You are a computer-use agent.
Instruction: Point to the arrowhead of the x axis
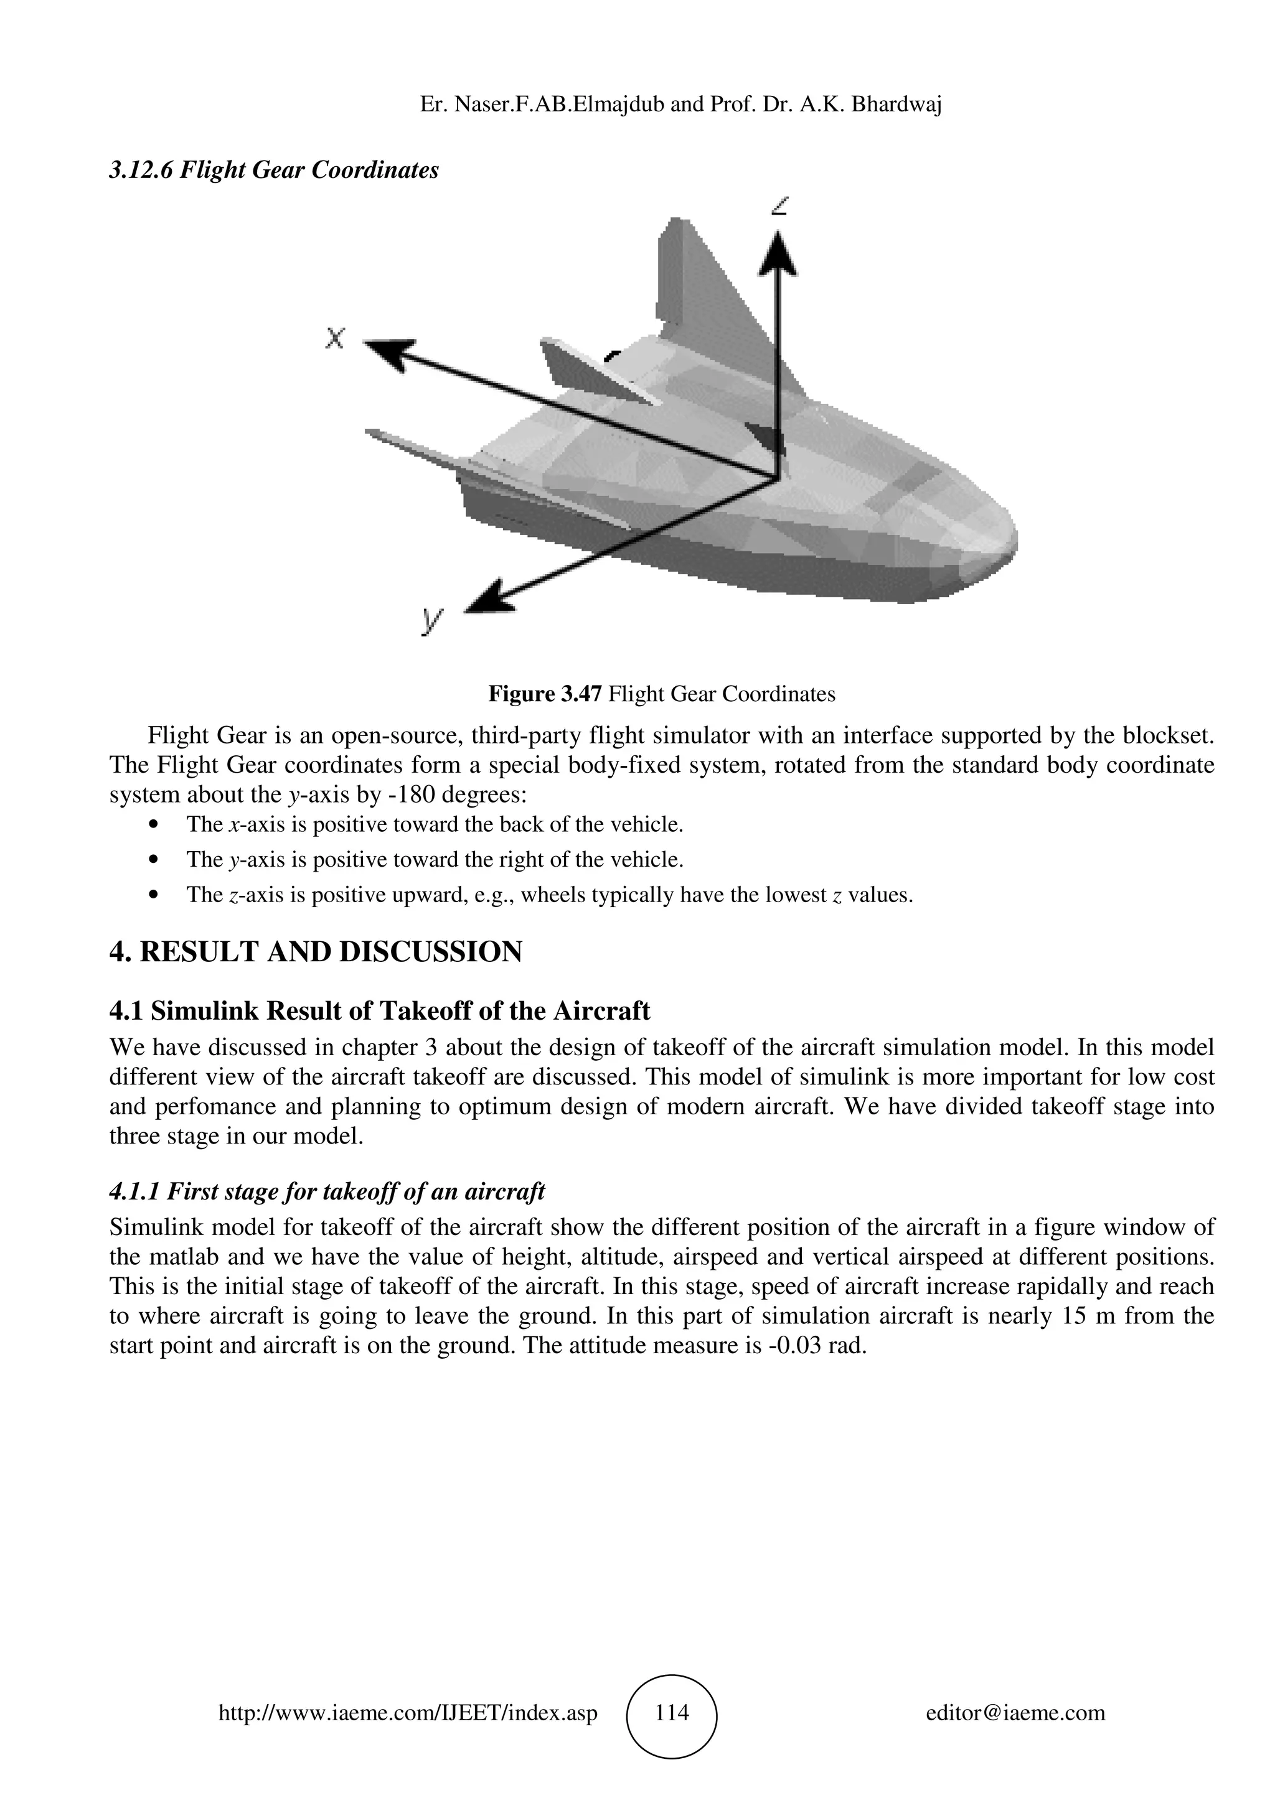click(390, 351)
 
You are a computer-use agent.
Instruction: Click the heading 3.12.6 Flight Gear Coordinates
click(273, 170)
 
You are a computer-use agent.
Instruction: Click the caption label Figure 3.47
click(545, 694)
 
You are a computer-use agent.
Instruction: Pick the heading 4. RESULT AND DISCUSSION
click(315, 953)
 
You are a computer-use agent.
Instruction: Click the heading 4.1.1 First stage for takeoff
click(327, 1191)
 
